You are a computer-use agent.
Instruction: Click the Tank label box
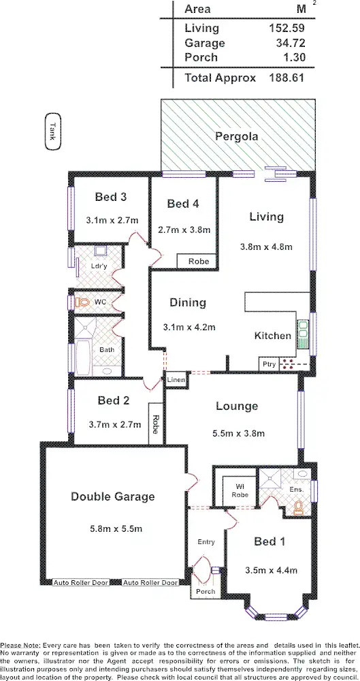coord(51,130)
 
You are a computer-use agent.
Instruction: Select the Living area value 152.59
coord(285,29)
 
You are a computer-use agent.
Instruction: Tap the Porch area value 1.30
coord(292,57)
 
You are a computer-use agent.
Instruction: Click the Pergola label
coord(236,136)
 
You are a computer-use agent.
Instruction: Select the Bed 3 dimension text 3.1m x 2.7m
coord(113,220)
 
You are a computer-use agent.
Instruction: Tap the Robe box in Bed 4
coord(198,261)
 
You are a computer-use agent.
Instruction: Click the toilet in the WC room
coord(82,301)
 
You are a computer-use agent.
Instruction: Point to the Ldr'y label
coord(99,266)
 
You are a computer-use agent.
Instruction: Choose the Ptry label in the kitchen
coord(269,364)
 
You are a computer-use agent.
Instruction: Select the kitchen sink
coord(304,334)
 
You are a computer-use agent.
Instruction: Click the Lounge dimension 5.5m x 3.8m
coord(236,432)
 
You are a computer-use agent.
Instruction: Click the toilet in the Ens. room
coord(297,507)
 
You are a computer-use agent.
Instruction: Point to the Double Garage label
coord(113,497)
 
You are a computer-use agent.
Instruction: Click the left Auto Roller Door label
coord(80,583)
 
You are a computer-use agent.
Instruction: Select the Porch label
coord(205,591)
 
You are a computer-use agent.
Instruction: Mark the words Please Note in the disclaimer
coord(20,644)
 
